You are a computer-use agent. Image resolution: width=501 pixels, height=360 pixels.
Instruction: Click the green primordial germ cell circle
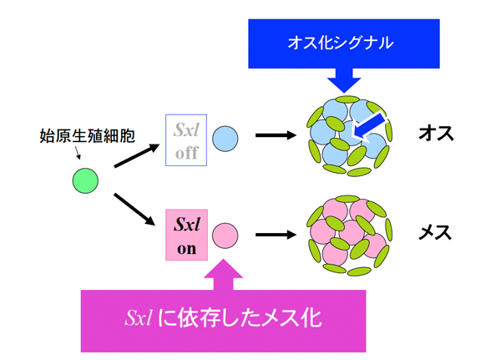pyautogui.click(x=87, y=180)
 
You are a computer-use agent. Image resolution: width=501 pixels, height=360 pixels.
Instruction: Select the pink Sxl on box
pyautogui.click(x=185, y=235)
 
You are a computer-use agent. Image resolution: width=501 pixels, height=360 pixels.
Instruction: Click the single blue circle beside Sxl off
pyautogui.click(x=225, y=138)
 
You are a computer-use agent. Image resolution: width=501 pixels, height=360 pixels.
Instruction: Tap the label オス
pyautogui.click(x=435, y=134)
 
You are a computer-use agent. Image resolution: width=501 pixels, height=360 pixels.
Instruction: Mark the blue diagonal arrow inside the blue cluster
pyautogui.click(x=368, y=125)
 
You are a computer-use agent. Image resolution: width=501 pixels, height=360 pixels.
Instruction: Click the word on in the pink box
pyautogui.click(x=185, y=247)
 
